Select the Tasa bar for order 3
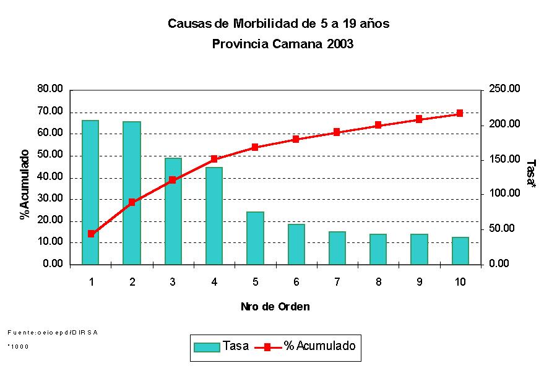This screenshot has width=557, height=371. point(173,211)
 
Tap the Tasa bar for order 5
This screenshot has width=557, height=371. point(255,238)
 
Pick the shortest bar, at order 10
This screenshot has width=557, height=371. point(460,250)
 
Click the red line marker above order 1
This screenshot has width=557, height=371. point(91,234)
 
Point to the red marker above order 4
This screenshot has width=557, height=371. point(214,159)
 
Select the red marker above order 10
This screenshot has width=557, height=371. point(460,113)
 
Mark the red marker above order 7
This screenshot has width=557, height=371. point(337,132)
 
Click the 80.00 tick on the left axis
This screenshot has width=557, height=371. point(50,89)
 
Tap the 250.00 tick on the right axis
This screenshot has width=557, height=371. point(504,89)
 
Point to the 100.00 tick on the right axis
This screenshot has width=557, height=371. point(504,194)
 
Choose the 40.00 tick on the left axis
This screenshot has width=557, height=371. point(50,177)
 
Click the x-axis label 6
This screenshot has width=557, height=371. point(296,282)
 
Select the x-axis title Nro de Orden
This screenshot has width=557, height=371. point(275,307)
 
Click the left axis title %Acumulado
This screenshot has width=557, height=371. point(25,184)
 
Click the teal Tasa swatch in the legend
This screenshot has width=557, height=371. point(207,347)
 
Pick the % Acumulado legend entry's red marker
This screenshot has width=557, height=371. point(267,347)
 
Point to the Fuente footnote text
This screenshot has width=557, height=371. point(53,332)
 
